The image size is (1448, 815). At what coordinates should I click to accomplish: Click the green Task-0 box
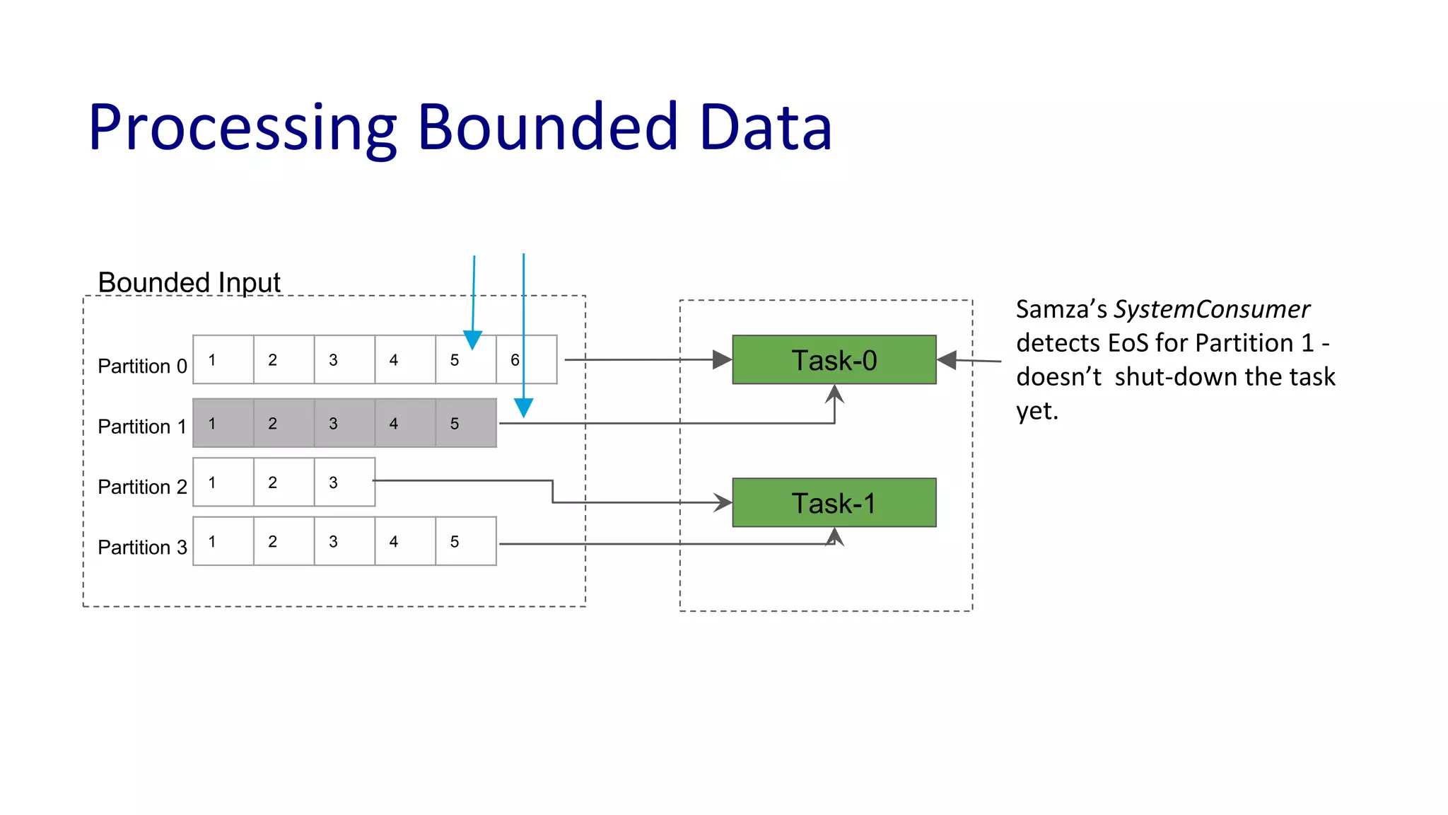point(834,360)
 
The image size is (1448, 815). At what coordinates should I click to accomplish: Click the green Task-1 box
point(834,503)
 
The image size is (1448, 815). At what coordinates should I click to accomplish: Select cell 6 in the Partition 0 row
point(527,360)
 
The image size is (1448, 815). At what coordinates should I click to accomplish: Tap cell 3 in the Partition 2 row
point(344,482)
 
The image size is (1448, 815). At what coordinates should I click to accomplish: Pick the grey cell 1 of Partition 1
point(223,423)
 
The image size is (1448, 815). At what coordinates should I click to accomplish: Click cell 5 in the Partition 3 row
point(465,541)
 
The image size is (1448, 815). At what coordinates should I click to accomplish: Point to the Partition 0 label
point(142,366)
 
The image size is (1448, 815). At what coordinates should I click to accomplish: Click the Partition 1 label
point(142,427)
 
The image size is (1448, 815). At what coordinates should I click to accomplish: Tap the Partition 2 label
point(142,487)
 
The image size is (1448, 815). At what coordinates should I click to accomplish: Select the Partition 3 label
point(142,547)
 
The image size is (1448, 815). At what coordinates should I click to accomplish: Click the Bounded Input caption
point(189,282)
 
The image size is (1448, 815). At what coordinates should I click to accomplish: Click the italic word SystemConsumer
point(1211,309)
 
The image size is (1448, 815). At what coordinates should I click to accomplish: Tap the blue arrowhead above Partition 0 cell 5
point(472,340)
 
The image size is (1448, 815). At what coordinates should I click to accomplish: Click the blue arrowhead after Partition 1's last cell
point(523,407)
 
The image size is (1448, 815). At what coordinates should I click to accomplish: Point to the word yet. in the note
point(1037,411)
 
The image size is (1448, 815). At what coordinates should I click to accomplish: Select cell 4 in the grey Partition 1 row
point(404,423)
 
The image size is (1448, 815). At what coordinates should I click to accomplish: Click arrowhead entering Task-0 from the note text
point(947,360)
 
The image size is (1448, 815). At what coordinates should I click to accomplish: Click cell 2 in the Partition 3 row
point(284,541)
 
